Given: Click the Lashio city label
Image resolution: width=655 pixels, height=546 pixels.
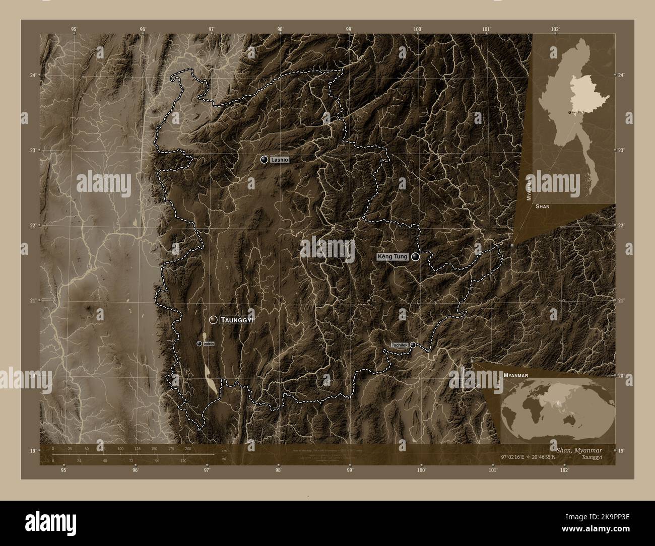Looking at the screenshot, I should click(x=279, y=160).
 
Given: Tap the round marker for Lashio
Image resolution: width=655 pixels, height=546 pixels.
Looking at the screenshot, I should click(x=264, y=160).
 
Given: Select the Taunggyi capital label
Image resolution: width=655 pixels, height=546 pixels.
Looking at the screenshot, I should click(x=237, y=320).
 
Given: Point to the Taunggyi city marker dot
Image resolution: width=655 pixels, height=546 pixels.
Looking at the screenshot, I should click(x=214, y=320).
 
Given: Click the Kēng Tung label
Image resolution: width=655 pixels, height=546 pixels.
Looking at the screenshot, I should click(x=392, y=257).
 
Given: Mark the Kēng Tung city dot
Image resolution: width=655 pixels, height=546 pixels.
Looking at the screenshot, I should click(x=415, y=257).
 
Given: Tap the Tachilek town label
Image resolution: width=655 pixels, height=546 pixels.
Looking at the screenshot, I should click(x=400, y=345).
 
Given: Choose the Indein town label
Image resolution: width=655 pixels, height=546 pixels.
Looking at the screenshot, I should click(x=209, y=344).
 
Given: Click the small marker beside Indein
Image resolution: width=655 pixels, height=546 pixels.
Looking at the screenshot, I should click(x=200, y=344).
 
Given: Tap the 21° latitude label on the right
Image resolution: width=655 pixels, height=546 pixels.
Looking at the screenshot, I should click(x=621, y=301).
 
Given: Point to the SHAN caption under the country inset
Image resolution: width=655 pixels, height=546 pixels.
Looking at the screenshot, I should click(x=543, y=207).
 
